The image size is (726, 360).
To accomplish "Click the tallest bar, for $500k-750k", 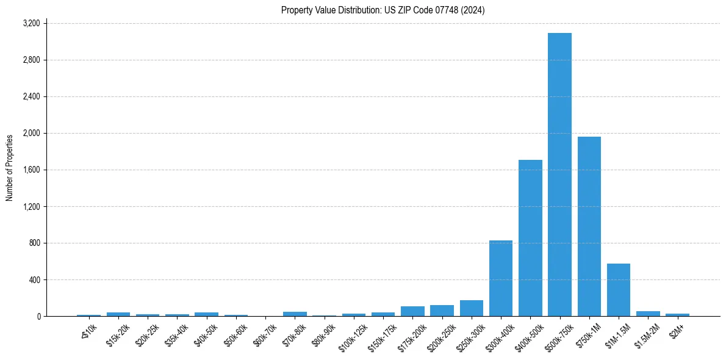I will point(559,175).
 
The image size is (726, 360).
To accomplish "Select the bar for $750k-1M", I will point(589,226).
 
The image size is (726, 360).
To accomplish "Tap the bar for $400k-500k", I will point(530,238).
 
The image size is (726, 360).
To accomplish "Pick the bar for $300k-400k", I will point(501,278).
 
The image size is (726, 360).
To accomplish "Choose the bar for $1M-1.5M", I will point(619,290).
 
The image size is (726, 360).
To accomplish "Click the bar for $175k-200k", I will point(412,311).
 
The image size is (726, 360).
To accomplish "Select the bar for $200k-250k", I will point(442,311).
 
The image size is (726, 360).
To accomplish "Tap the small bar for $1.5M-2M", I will point(648,314).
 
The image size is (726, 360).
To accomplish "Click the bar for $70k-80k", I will point(295,314).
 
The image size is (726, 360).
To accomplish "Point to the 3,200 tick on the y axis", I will point(31,23).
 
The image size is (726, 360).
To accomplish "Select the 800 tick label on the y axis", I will point(34,243).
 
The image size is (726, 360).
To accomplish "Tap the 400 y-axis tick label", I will point(34,279).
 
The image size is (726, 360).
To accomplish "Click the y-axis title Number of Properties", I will point(9,168).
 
